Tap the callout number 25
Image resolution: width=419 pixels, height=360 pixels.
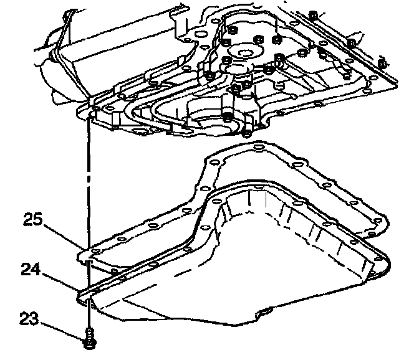[34, 220]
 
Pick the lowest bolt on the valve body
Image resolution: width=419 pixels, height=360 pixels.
[248, 132]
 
